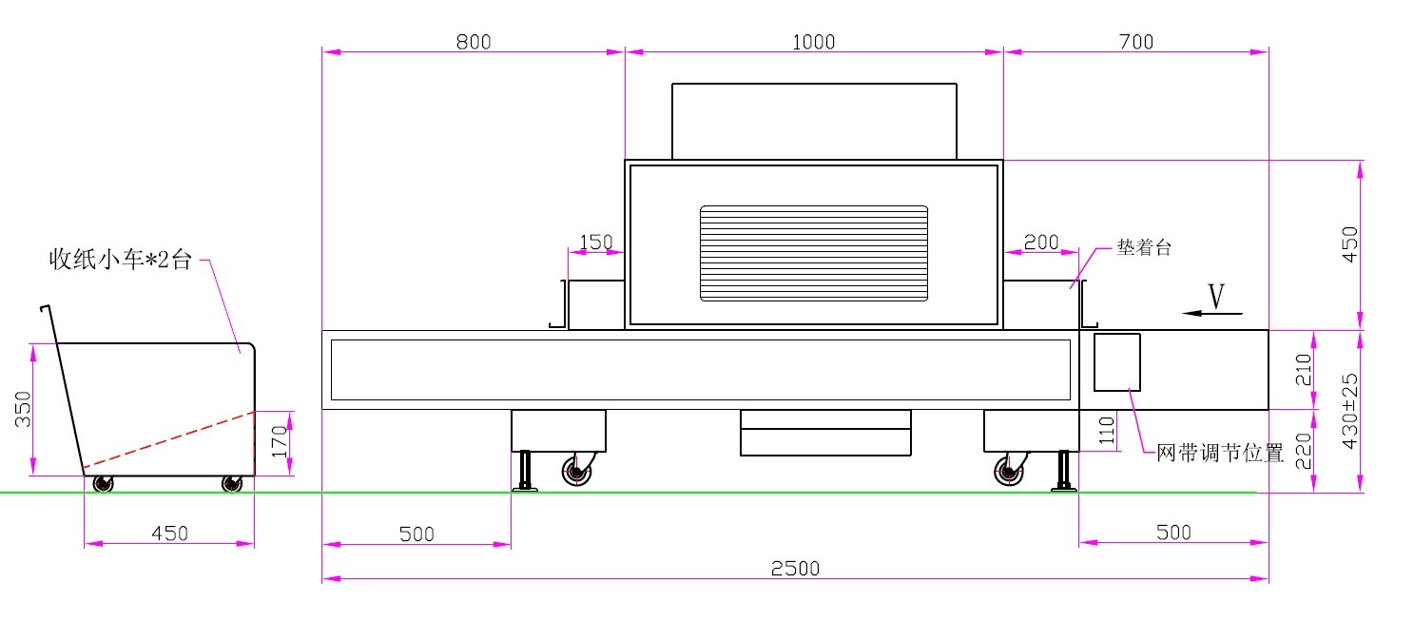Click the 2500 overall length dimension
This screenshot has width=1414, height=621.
click(795, 569)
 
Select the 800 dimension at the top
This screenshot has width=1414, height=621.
click(474, 42)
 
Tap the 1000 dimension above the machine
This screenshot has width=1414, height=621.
click(813, 42)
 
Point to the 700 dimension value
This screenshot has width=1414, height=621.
click(1135, 42)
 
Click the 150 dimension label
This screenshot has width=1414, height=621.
click(596, 242)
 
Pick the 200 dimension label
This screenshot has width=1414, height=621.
click(1041, 242)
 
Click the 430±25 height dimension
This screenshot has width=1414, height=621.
click(1349, 412)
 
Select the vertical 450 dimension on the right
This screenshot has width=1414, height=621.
click(1349, 244)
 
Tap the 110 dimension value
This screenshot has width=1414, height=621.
click(1107, 431)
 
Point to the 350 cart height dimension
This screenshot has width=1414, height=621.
click(23, 409)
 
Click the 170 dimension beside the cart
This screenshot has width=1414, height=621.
click(279, 442)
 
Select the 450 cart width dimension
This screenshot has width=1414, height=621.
click(169, 534)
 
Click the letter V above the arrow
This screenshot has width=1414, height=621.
click(1216, 296)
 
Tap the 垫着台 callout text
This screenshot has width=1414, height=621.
click(1144, 247)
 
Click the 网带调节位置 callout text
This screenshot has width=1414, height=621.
click(1220, 453)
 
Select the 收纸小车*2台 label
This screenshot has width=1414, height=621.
click(120, 260)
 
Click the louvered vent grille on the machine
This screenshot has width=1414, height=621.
click(814, 253)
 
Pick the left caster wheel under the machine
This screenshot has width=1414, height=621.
click(577, 471)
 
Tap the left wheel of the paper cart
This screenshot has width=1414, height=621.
click(103, 484)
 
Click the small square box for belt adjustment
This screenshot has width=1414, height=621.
click(1116, 362)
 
